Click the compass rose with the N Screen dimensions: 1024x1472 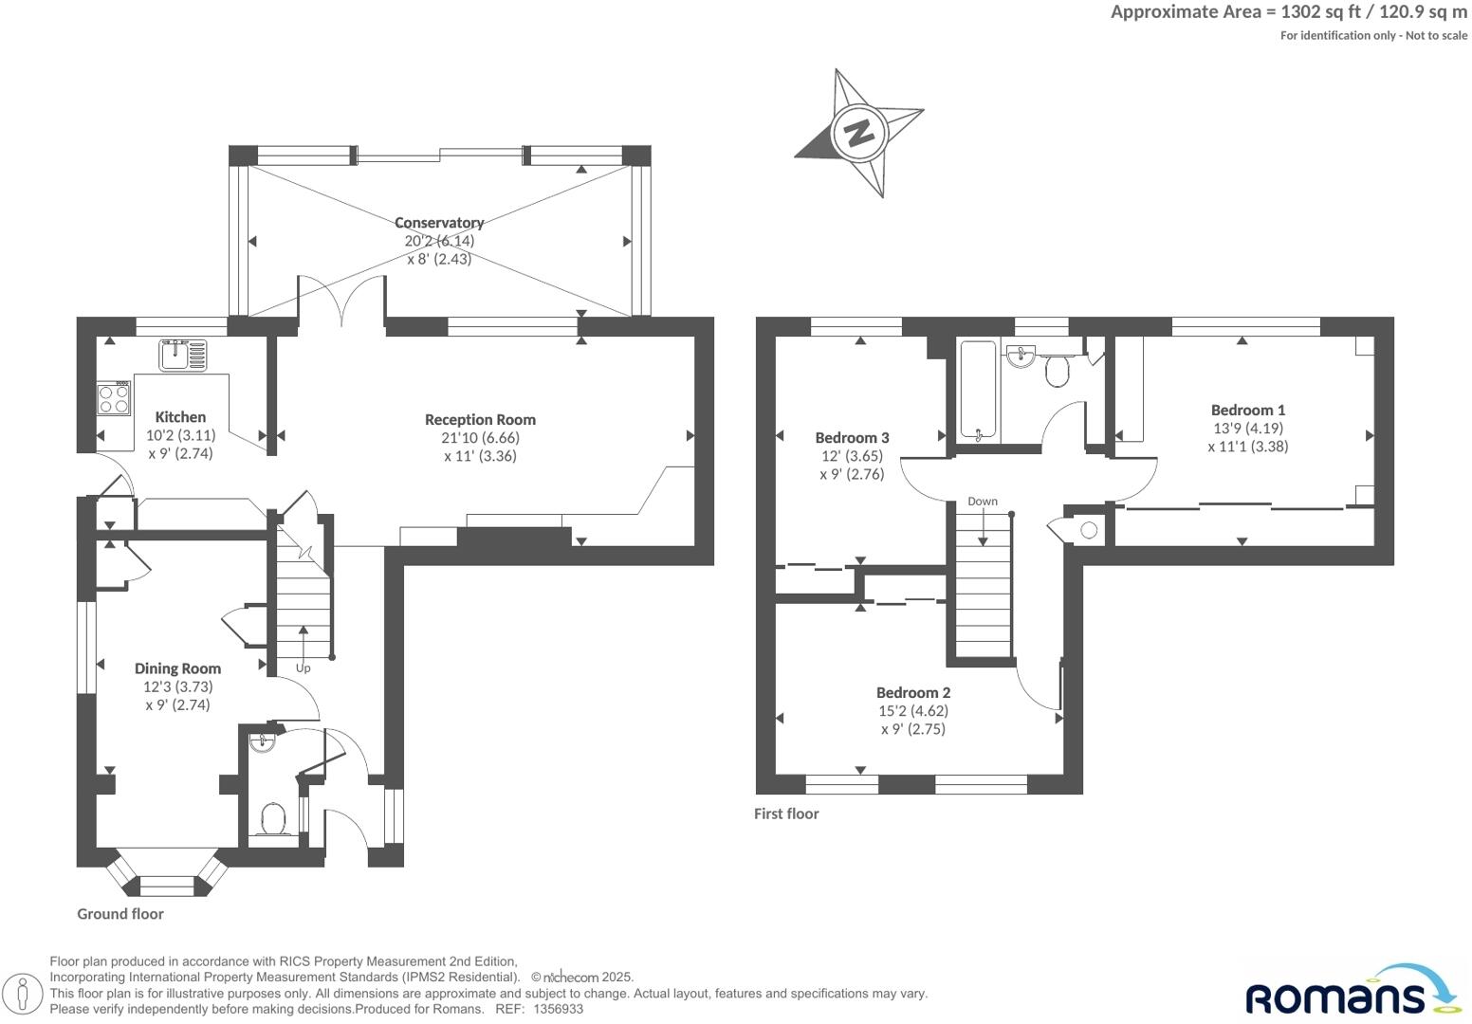coord(859,132)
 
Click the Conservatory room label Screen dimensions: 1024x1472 coord(439,223)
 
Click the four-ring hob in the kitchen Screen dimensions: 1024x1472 coord(114,397)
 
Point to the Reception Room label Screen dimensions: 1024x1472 coord(480,419)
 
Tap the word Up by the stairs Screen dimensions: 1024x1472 coord(303,667)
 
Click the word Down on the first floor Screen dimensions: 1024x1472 coord(983,501)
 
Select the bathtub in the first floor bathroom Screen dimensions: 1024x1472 coord(978,390)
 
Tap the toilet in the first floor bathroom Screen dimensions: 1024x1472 coord(1057,371)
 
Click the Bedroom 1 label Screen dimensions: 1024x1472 coord(1247,410)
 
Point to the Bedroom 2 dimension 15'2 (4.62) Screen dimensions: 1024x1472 coord(912,710)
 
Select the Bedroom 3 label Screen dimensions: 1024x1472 coord(852,437)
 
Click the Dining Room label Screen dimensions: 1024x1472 coord(177,668)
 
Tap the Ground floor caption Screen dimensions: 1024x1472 coord(120,914)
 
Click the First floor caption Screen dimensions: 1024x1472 coord(786,814)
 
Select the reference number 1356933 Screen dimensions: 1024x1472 coord(559,1010)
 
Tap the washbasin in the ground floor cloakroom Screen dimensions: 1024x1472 coord(263,742)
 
